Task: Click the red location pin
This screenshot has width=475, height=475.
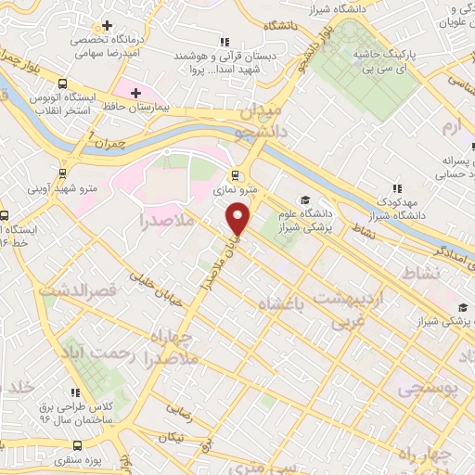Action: (238, 219)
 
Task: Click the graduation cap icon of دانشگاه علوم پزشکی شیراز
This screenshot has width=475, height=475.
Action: (305, 199)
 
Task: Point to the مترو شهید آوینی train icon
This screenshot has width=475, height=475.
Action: (62, 173)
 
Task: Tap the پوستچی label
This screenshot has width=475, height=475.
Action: (429, 390)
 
